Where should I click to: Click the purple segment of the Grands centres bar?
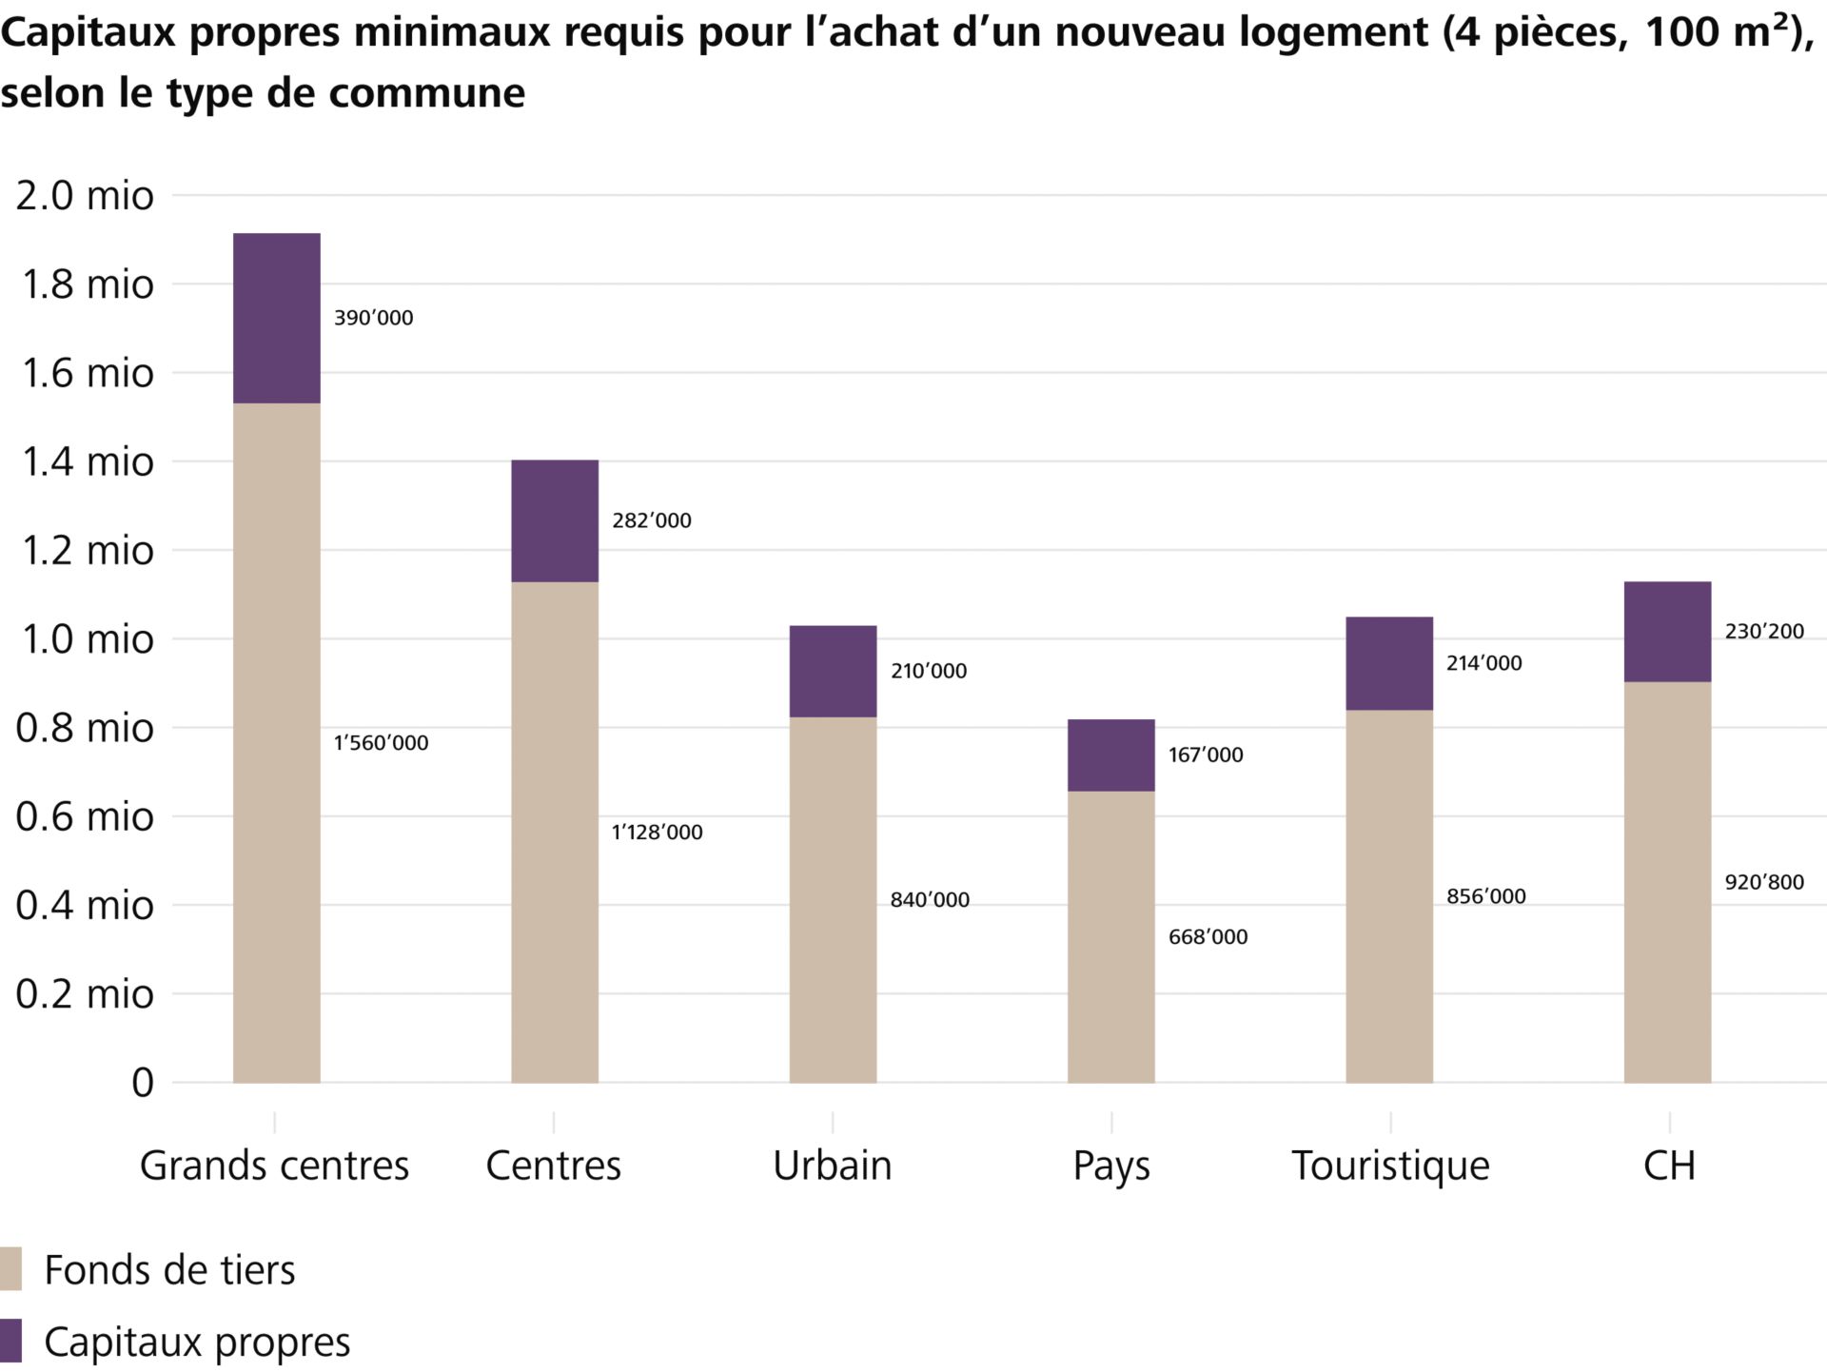[276, 318]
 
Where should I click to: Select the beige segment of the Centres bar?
[555, 832]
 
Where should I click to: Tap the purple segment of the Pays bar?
[1110, 755]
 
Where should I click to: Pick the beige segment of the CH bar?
[1667, 882]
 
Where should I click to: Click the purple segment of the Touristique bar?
[1389, 663]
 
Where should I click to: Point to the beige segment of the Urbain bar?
[833, 899]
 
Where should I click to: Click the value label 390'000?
[373, 318]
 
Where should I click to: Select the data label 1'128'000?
[657, 833]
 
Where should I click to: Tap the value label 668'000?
[1208, 937]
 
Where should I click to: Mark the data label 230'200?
[1764, 632]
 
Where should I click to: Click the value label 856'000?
[1485, 896]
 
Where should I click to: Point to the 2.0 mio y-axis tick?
[85, 196]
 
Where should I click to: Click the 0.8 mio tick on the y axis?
[85, 728]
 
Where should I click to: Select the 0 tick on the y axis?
[142, 1083]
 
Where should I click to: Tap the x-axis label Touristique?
[1390, 1166]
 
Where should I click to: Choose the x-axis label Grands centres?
[274, 1166]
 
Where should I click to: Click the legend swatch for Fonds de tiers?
[10, 1269]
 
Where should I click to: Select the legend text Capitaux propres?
[197, 1343]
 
